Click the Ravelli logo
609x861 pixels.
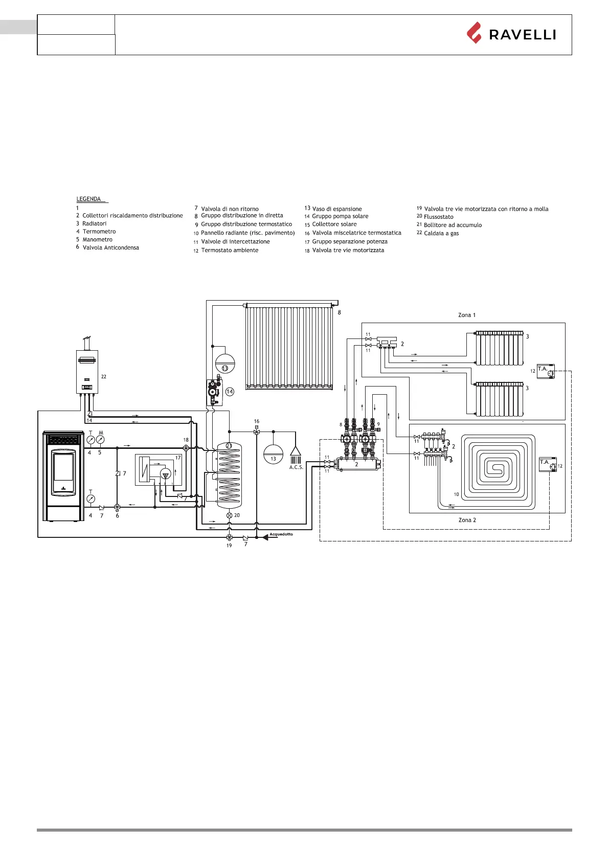[x=511, y=34]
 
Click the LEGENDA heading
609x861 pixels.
[x=89, y=199]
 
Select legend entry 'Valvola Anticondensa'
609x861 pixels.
[x=110, y=247]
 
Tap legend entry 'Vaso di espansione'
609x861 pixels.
[x=336, y=209]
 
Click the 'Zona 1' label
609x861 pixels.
[x=466, y=315]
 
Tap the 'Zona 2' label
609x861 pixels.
[x=467, y=520]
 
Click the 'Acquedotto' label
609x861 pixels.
[x=281, y=534]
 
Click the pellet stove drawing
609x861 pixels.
[x=63, y=475]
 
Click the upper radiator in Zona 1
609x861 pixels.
[x=499, y=348]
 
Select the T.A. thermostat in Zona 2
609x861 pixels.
[x=547, y=464]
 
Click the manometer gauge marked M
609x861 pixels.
[x=100, y=439]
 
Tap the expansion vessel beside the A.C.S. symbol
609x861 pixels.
[x=273, y=453]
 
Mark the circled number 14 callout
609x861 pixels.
[x=230, y=392]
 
